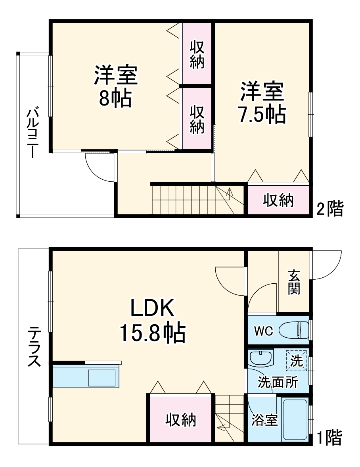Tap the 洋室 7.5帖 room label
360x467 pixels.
pyautogui.click(x=262, y=102)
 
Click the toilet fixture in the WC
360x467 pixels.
pyautogui.click(x=294, y=330)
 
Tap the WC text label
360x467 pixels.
pyautogui.click(x=263, y=331)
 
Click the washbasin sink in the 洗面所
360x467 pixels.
pyautogui.click(x=261, y=358)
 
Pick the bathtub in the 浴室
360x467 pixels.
pyautogui.click(x=295, y=420)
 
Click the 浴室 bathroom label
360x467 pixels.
pyautogui.click(x=264, y=420)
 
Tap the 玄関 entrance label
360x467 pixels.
pyautogui.click(x=294, y=283)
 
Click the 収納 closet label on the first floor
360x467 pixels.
pyautogui.click(x=180, y=419)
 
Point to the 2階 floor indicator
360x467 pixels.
pyautogui.click(x=329, y=209)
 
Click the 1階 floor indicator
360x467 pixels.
pyautogui.click(x=329, y=438)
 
